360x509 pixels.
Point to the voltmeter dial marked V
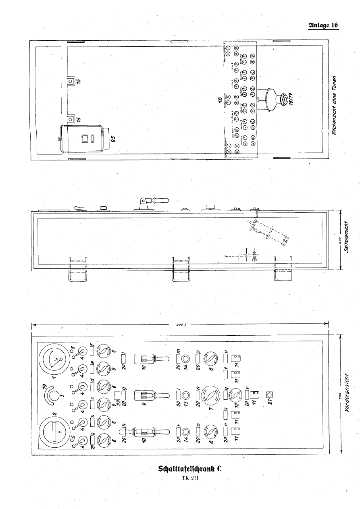point(54,359)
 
